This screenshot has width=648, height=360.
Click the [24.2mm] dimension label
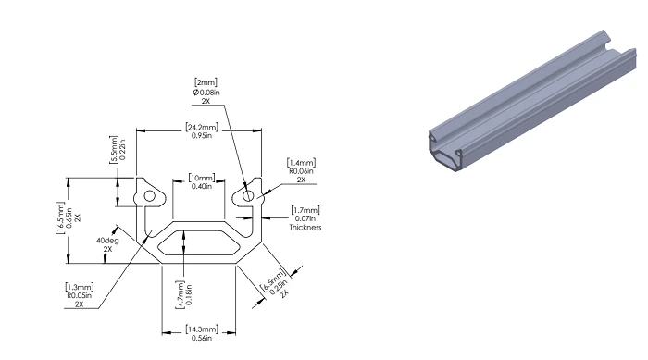click(x=202, y=127)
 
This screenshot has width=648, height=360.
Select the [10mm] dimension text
click(x=202, y=178)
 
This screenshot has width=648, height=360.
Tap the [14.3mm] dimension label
click(x=202, y=329)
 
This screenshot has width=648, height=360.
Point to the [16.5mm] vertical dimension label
click(x=60, y=217)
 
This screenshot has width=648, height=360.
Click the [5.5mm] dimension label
click(x=114, y=149)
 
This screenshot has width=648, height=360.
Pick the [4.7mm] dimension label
click(x=181, y=294)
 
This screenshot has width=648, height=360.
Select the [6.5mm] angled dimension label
click(x=272, y=280)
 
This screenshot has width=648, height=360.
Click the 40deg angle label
click(x=108, y=241)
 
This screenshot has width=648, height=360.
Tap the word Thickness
click(x=305, y=228)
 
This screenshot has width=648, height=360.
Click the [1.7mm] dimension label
click(x=305, y=210)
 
